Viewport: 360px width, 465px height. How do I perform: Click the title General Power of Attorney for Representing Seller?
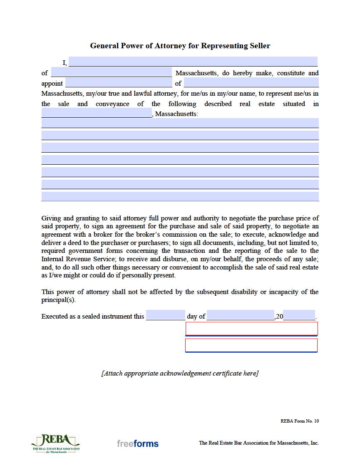tap(180, 46)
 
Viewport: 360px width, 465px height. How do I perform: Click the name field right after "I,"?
tap(193, 62)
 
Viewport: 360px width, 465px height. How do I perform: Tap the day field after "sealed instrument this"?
tap(165, 315)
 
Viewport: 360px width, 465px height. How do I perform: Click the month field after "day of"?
tap(240, 315)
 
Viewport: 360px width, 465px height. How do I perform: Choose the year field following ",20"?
tap(299, 315)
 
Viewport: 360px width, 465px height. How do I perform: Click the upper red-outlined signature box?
tap(251, 329)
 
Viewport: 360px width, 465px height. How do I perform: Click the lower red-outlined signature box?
tap(251, 346)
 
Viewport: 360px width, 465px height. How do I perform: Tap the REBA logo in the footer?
tap(55, 443)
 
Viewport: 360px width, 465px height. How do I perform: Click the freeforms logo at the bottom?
tap(137, 444)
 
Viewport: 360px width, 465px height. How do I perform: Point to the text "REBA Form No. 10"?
tap(300, 421)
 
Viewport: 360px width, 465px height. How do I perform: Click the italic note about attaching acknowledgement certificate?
tap(180, 373)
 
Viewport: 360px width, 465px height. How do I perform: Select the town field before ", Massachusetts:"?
tap(97, 113)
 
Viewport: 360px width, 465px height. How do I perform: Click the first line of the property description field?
tap(180, 123)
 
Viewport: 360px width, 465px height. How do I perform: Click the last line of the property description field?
tap(180, 196)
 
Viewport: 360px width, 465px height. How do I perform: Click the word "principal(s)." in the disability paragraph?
tap(59, 300)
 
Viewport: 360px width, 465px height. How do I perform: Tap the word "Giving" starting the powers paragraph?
tap(50, 218)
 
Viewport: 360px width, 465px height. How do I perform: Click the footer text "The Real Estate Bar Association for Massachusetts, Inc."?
tap(258, 443)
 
